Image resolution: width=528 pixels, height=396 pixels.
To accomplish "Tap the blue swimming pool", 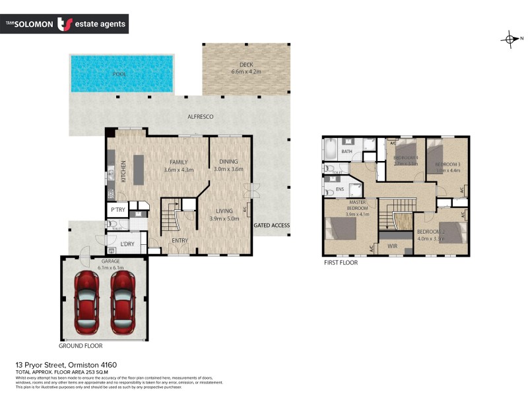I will pyautogui.click(x=121, y=73).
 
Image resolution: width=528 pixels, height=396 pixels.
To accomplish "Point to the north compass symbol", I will pyautogui.click(x=511, y=39).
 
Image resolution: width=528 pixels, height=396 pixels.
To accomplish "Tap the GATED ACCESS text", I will pyautogui.click(x=272, y=226).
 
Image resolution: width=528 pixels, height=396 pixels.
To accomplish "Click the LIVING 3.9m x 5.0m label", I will pyautogui.click(x=223, y=214).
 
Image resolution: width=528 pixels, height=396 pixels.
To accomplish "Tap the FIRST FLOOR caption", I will pyautogui.click(x=340, y=263).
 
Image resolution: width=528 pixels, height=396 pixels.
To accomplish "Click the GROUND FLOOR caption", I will pyautogui.click(x=81, y=345).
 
